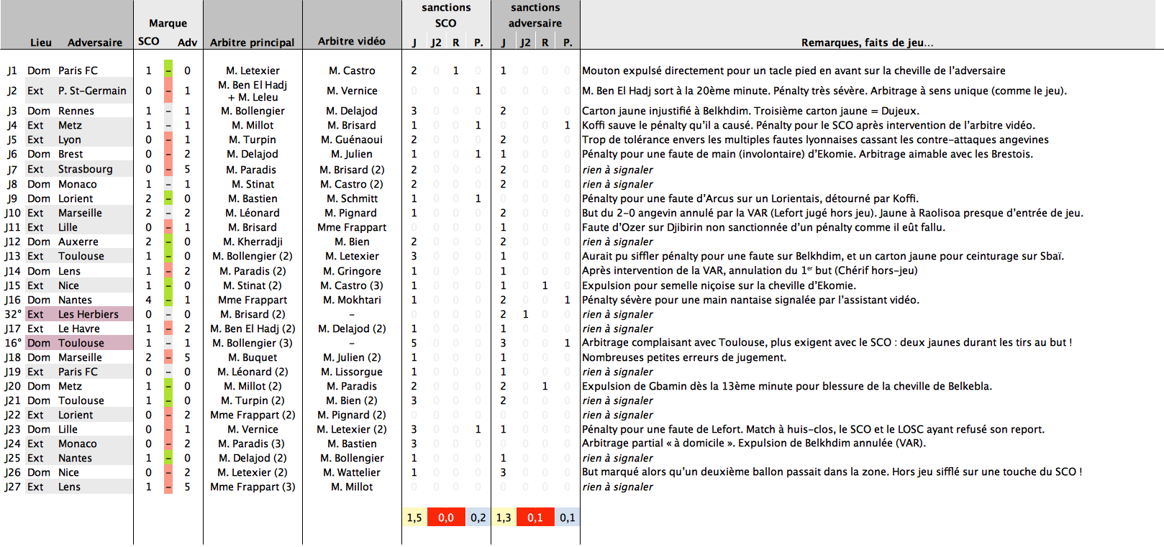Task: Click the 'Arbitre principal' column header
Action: point(252,42)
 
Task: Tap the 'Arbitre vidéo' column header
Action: point(351,41)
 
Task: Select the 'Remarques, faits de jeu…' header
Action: point(867,42)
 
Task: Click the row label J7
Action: point(12,170)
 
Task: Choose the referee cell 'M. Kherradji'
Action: point(253,242)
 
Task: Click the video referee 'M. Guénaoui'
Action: point(351,139)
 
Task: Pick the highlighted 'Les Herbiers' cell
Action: point(88,314)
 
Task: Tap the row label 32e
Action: point(12,314)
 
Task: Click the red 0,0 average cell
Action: point(445,518)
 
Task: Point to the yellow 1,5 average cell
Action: point(414,518)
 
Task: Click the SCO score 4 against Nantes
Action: point(149,300)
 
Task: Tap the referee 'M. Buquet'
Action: point(253,357)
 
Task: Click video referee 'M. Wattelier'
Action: point(351,472)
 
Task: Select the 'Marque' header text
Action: point(168,24)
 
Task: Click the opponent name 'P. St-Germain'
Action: point(92,91)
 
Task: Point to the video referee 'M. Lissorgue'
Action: point(351,372)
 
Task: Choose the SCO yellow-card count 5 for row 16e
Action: point(414,343)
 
